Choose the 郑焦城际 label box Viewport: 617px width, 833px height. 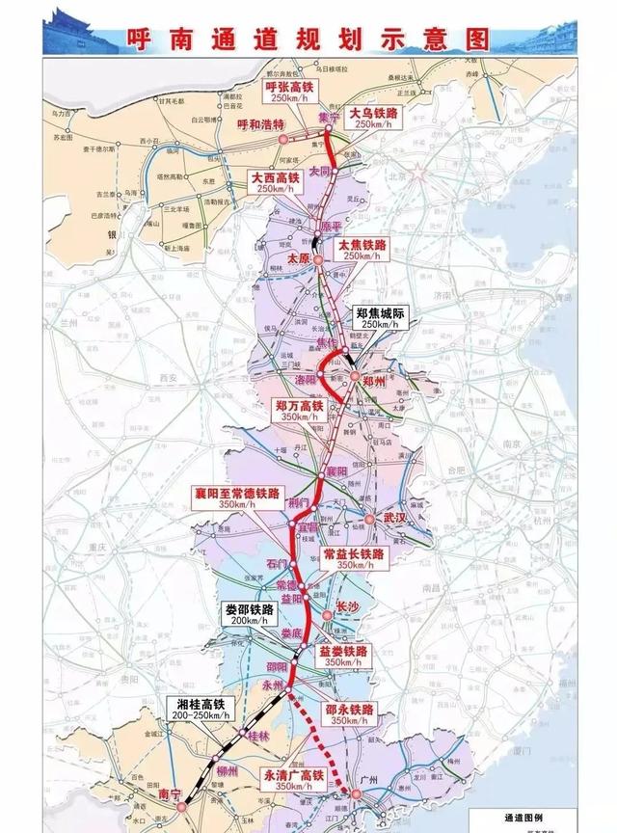point(378,319)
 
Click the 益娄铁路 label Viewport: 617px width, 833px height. point(343,657)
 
